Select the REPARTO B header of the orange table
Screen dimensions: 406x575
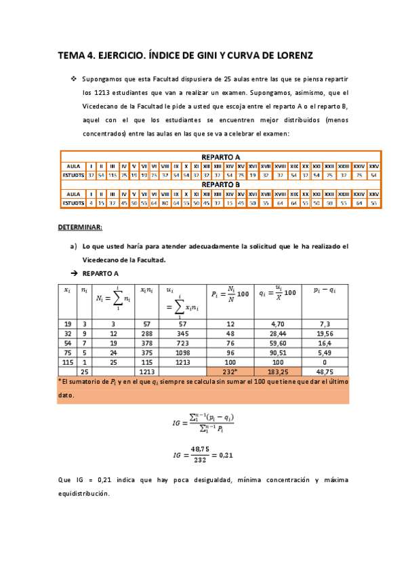click(x=220, y=184)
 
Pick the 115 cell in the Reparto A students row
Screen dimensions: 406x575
click(x=113, y=175)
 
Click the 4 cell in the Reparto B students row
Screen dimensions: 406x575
click(x=91, y=202)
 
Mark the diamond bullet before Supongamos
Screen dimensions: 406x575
click(x=74, y=79)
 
